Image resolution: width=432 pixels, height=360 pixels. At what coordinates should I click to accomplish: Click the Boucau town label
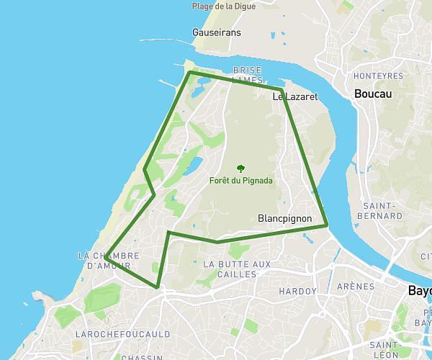(372, 94)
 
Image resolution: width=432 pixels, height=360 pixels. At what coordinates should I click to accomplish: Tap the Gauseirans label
(217, 32)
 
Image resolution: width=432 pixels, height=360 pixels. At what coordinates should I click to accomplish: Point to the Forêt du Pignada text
(241, 181)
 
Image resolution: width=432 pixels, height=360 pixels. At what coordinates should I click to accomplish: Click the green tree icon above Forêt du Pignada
(240, 168)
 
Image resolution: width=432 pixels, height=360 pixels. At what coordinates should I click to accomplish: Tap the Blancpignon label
(283, 217)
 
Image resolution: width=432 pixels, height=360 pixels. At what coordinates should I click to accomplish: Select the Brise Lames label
(247, 75)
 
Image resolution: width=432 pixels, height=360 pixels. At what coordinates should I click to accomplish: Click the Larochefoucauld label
(122, 334)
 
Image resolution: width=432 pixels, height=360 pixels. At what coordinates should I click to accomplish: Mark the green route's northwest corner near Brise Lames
(190, 72)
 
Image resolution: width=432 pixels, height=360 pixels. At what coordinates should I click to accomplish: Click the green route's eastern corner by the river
(328, 225)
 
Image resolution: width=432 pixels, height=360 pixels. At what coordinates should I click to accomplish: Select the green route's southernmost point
(157, 287)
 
